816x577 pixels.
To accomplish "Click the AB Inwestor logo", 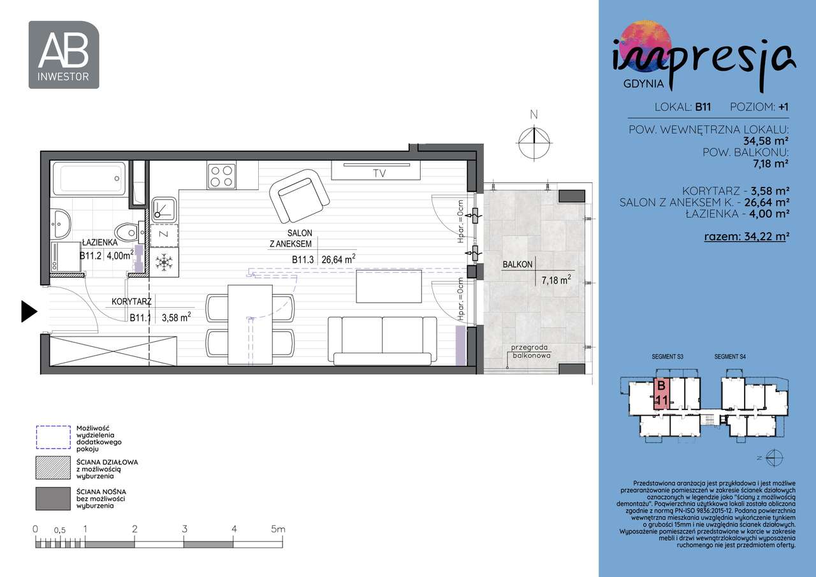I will (64, 55).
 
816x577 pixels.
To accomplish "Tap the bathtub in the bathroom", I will (89, 178).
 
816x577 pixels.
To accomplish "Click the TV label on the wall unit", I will (379, 173).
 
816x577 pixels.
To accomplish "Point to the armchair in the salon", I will (296, 195).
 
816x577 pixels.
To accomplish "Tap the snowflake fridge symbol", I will (165, 261).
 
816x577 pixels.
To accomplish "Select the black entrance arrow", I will (29, 310).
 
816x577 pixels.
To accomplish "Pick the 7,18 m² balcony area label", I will (555, 279).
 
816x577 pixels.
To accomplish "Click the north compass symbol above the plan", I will (534, 142).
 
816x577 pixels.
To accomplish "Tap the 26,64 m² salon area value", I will (338, 259).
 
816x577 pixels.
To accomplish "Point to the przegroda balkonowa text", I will (530, 352).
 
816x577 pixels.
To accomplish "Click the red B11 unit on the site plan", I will (661, 394).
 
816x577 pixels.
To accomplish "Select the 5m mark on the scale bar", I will (277, 529).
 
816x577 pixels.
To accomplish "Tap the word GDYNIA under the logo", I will (642, 83).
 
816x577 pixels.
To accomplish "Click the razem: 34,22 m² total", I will (747, 237).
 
